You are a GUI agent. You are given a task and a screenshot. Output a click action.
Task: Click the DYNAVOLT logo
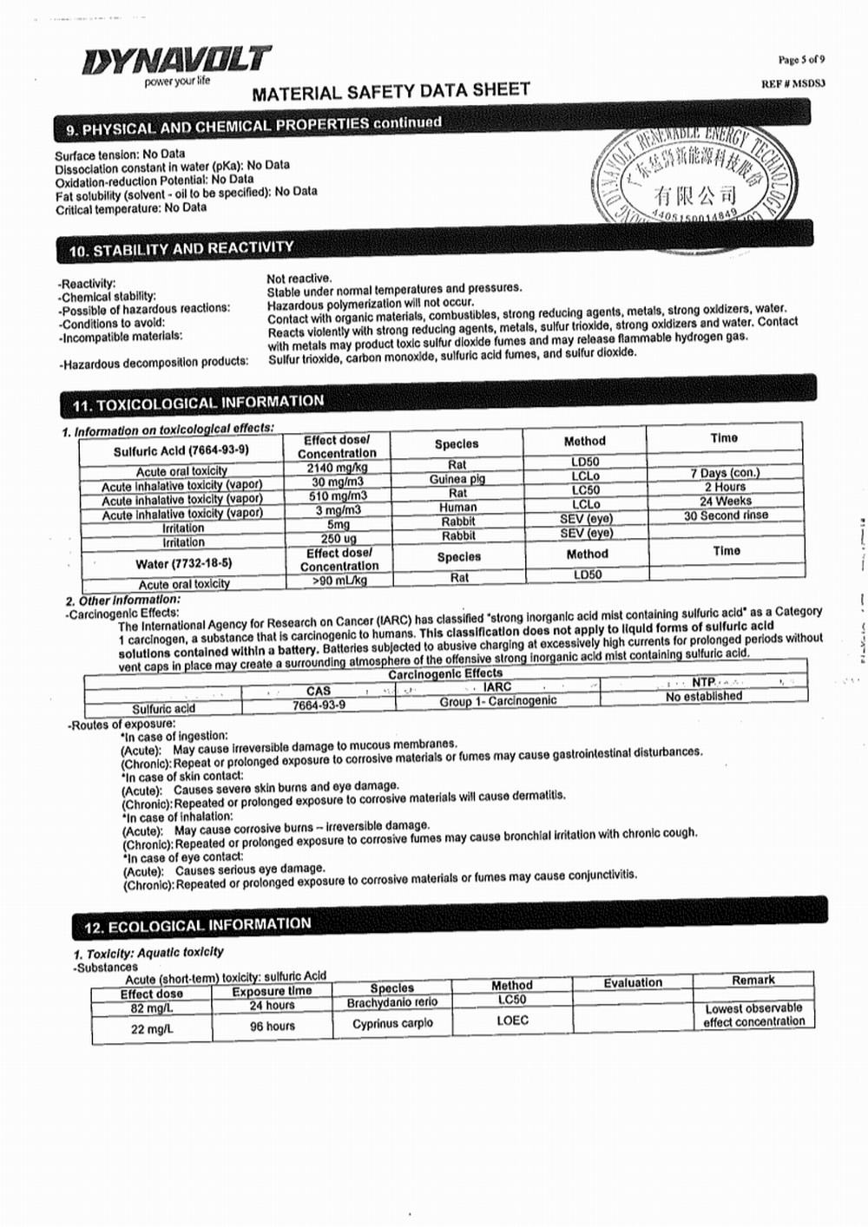(177, 61)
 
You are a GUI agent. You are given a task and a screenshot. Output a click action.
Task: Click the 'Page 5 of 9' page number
(801, 60)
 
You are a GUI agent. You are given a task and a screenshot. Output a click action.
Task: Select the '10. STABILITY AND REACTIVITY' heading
(181, 250)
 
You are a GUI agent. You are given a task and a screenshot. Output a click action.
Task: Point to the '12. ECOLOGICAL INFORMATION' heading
(197, 925)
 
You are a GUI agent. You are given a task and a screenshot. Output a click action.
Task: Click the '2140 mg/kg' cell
(337, 468)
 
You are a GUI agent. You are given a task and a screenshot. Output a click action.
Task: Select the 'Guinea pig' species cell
(457, 479)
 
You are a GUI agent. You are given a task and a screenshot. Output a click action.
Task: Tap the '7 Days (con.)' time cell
(725, 473)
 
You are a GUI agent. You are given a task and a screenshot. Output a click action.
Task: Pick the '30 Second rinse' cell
(726, 515)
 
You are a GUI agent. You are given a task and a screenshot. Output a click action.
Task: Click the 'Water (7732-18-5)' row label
(183, 563)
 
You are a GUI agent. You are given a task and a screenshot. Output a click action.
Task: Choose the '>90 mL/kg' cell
(339, 580)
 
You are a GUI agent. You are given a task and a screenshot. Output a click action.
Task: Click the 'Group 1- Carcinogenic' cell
(497, 701)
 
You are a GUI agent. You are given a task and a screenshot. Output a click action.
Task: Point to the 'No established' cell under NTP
(704, 696)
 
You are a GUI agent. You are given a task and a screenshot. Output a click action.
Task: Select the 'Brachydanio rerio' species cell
(392, 1002)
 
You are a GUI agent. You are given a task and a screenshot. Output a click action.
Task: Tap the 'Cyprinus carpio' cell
(392, 1023)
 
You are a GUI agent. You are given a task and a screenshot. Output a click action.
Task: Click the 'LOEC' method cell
(512, 1020)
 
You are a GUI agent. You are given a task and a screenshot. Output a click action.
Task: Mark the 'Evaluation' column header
(633, 982)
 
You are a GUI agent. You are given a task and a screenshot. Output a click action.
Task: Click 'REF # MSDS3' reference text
(793, 83)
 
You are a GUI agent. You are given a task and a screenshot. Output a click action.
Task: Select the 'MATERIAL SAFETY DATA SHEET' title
(391, 91)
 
